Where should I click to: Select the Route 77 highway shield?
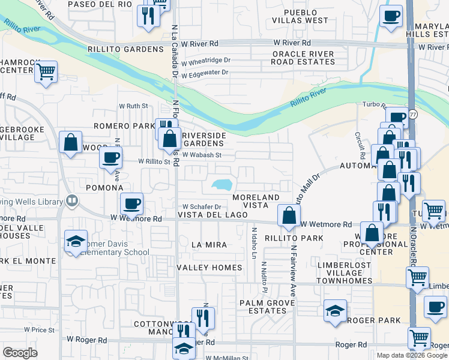pyautogui.click(x=412, y=114)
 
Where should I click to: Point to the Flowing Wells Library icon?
pyautogui.click(x=71, y=200)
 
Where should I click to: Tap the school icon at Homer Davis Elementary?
pyautogui.click(x=76, y=242)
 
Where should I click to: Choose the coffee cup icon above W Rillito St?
pyautogui.click(x=110, y=158)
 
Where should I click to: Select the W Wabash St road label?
pyautogui.click(x=202, y=155)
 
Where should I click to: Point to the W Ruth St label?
pyautogui.click(x=133, y=106)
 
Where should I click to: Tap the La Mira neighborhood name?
pyautogui.click(x=208, y=245)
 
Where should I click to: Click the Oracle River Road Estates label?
pyautogui.click(x=303, y=58)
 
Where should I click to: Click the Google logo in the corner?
pyautogui.click(x=20, y=353)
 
